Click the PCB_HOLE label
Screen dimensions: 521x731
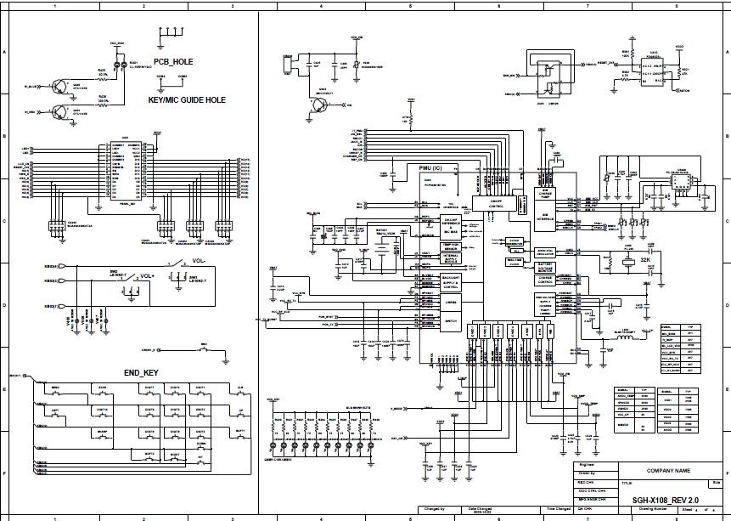[174, 61]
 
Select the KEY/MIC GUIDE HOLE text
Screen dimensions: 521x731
[187, 99]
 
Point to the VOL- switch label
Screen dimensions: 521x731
[200, 260]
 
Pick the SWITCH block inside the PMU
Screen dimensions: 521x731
[451, 320]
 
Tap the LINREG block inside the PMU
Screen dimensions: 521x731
[451, 301]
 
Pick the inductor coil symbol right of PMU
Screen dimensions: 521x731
[627, 337]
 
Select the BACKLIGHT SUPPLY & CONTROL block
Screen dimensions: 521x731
[451, 282]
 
